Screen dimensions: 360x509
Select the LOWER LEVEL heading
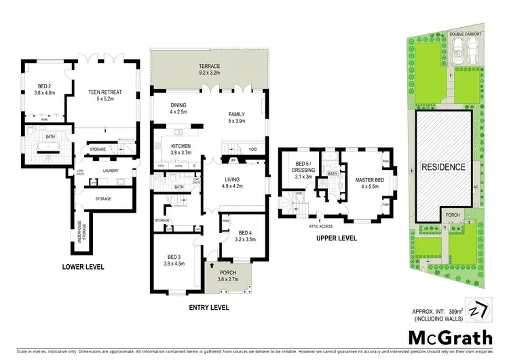click(82, 267)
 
